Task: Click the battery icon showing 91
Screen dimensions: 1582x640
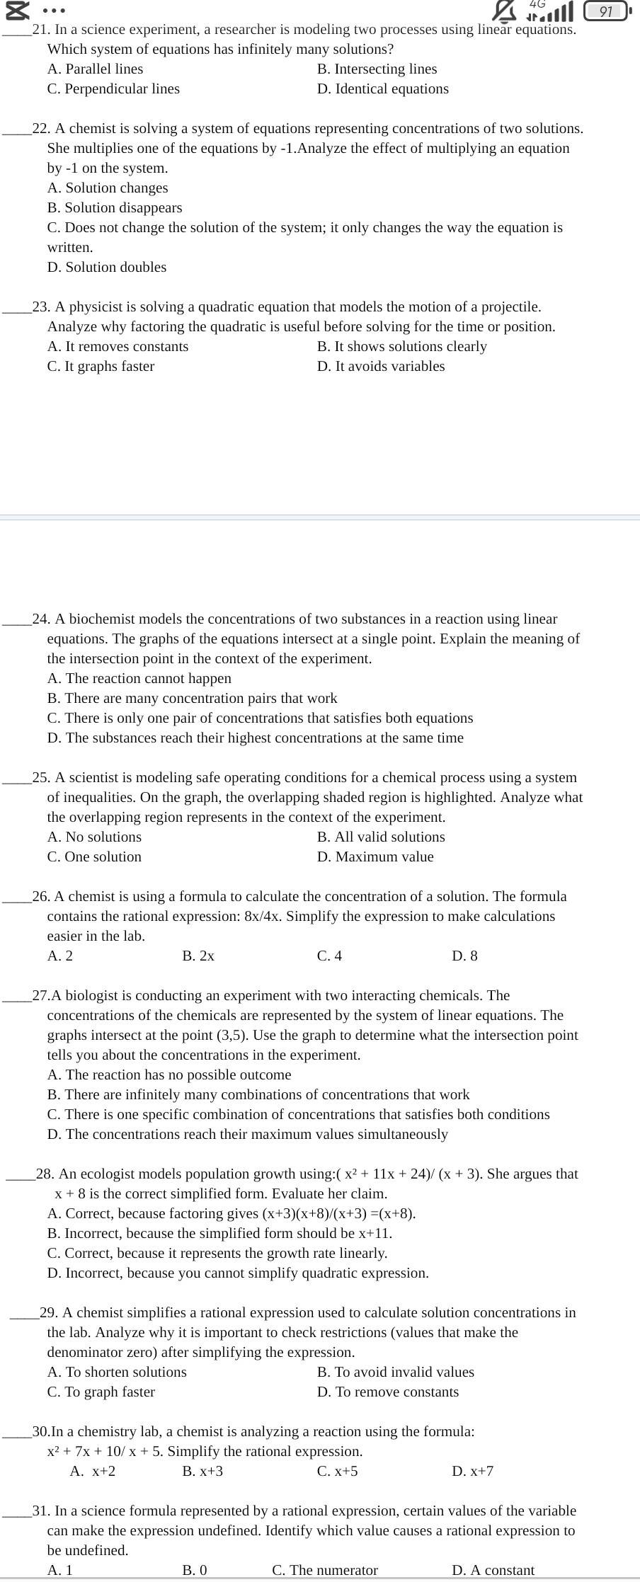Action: click(x=607, y=11)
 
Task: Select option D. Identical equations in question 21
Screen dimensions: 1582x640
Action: click(x=382, y=88)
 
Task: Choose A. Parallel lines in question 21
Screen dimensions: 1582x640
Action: click(x=95, y=69)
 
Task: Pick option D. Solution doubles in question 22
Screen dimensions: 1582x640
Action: click(x=107, y=267)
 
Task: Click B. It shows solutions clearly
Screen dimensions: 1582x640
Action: click(x=401, y=346)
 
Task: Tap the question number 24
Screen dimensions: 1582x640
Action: click(x=40, y=619)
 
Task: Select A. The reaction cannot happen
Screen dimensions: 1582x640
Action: click(x=139, y=678)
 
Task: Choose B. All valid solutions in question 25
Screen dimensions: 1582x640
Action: click(x=381, y=837)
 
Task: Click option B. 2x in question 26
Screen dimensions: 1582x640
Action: click(x=198, y=956)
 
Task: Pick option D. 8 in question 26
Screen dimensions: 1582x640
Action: click(x=464, y=956)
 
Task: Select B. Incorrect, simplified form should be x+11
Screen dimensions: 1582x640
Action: click(x=219, y=1233)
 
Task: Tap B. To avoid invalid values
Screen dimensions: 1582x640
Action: click(x=395, y=1372)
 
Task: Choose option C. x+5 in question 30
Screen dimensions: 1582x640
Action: click(x=337, y=1471)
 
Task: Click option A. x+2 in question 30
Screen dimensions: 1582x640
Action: click(x=93, y=1471)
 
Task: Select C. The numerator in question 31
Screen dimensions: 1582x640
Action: click(x=325, y=1570)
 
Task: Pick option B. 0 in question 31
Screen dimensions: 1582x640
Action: click(x=195, y=1570)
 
